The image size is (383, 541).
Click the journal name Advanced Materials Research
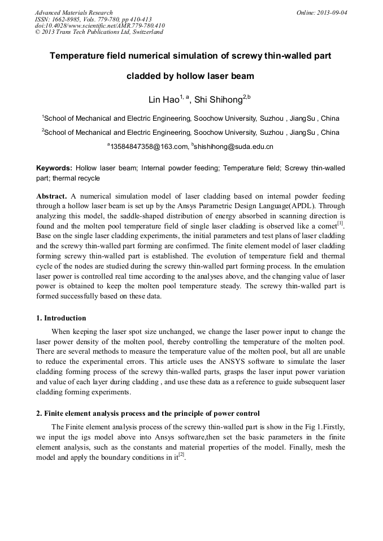[73, 12]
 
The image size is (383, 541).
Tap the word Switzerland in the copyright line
[145, 32]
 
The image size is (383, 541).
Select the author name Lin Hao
[163, 100]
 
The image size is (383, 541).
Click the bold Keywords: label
[54, 168]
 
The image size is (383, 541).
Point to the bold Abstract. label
[51, 196]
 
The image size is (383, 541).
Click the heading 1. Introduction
[61, 318]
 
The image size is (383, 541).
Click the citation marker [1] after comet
[340, 223]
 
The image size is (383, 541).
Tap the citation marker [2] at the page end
[181, 455]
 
